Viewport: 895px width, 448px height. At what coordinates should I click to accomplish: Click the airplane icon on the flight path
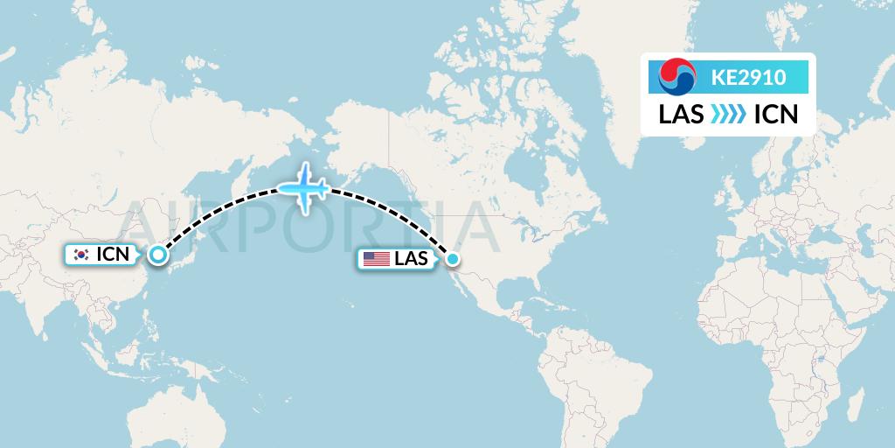tap(302, 187)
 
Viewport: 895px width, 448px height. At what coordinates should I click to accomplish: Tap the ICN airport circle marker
tap(157, 255)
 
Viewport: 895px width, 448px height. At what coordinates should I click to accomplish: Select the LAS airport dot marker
tap(452, 258)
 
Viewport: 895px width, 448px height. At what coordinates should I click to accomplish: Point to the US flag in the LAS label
tap(376, 258)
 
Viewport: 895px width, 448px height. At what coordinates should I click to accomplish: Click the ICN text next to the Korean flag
tap(113, 255)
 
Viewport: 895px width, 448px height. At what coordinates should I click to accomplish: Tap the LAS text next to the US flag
tap(412, 258)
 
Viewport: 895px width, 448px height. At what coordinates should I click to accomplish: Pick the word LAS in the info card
tap(681, 115)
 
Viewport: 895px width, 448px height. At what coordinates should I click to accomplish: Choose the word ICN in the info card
tap(774, 115)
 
